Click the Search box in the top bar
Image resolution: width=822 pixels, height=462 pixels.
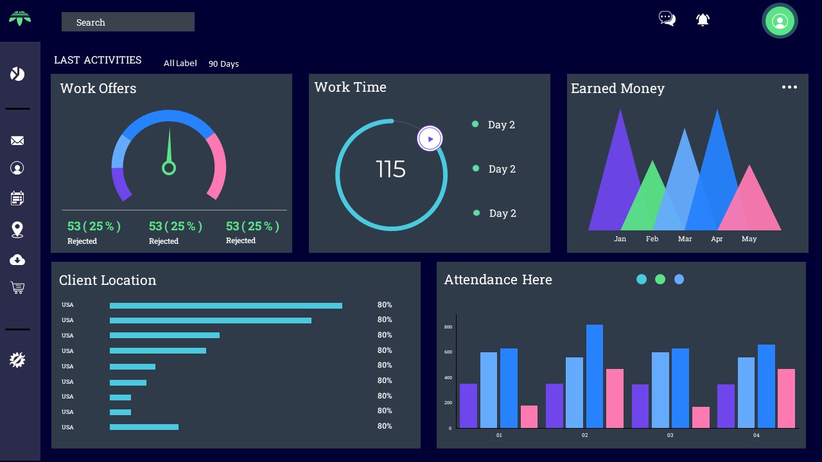[128, 22]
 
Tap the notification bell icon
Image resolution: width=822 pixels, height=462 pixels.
[703, 20]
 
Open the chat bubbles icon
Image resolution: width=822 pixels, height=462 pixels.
[667, 19]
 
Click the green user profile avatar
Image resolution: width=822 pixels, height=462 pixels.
[780, 21]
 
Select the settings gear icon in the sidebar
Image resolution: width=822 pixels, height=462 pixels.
[17, 360]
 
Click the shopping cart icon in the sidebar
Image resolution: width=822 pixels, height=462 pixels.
[17, 288]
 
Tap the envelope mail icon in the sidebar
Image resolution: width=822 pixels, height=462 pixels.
[17, 141]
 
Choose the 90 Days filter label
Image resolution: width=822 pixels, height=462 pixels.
[223, 64]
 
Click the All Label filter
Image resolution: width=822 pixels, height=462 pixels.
[180, 63]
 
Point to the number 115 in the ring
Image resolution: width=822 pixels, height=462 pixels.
[390, 169]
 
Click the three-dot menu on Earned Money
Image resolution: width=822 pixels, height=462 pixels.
[789, 87]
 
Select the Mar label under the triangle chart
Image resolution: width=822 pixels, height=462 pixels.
[685, 239]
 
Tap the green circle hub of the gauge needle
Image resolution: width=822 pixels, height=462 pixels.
[169, 168]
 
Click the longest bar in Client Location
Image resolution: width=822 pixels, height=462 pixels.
[225, 305]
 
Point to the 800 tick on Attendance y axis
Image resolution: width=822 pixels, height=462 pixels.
[448, 327]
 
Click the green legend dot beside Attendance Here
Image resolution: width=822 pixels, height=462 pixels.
[660, 279]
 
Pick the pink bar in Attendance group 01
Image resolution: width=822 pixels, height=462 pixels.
[529, 416]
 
